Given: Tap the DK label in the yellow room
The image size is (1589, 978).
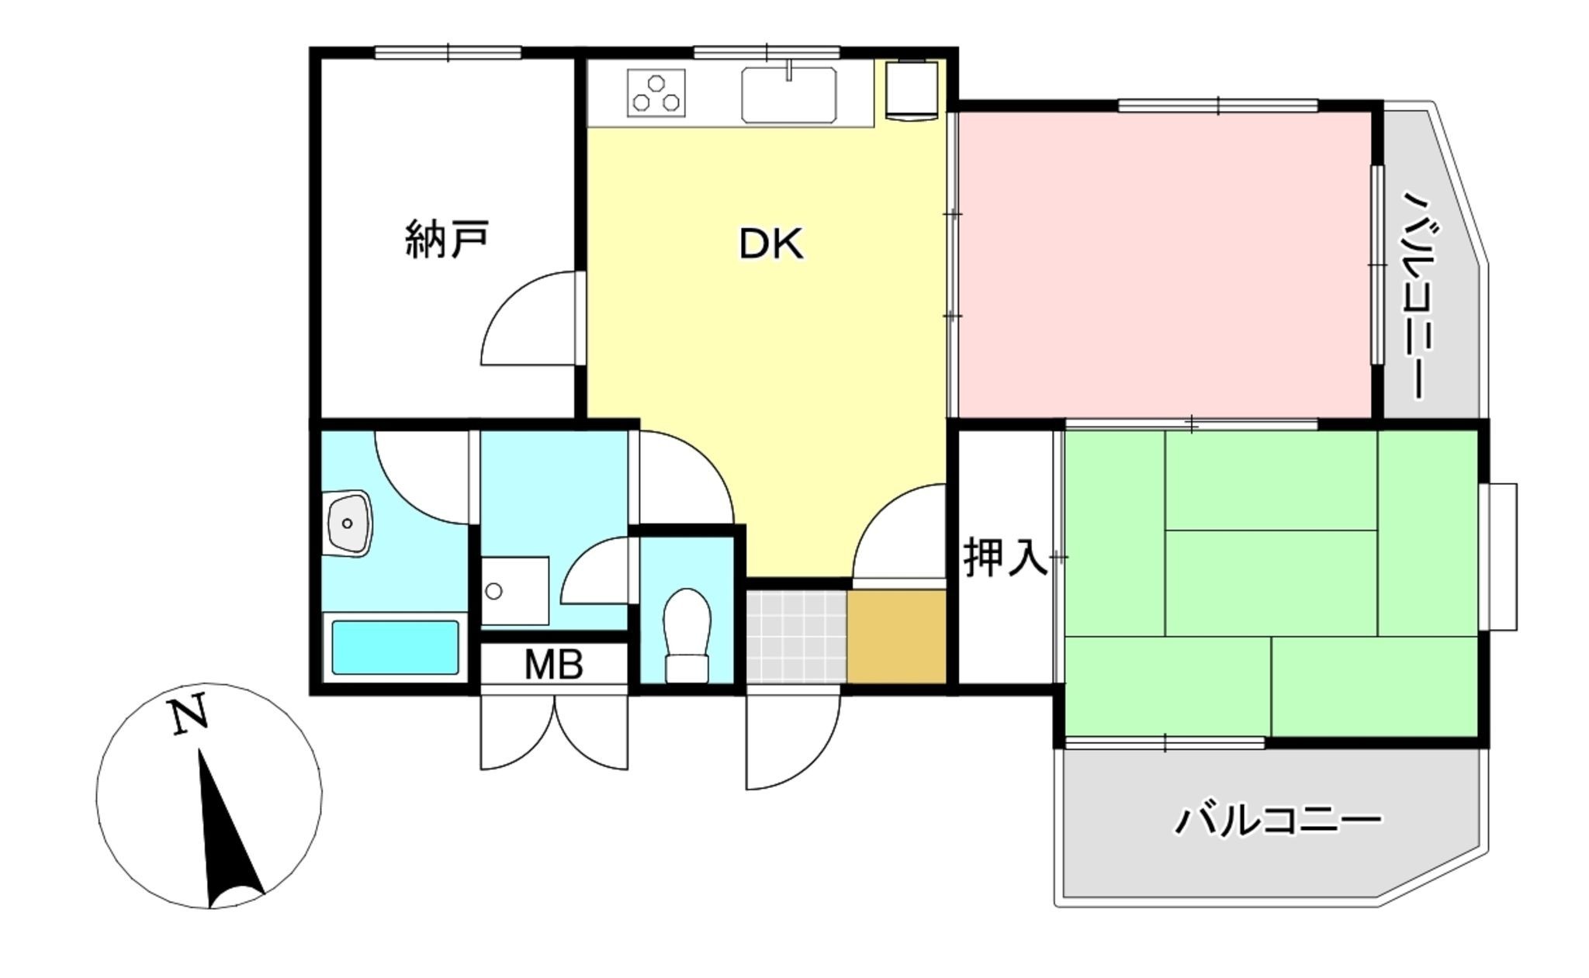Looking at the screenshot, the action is (770, 244).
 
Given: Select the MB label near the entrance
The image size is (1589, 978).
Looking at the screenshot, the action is (553, 665).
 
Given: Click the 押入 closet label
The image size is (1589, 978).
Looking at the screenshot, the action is (1006, 557).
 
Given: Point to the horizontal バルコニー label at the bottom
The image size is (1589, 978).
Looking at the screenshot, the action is (1277, 821).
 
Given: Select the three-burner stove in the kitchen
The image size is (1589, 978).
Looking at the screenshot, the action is (657, 93).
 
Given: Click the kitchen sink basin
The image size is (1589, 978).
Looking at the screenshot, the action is (788, 95).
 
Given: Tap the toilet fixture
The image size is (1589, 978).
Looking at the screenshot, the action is (687, 634).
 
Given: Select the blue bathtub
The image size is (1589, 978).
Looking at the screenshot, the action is (396, 648).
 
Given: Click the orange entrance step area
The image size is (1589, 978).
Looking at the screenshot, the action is (896, 636).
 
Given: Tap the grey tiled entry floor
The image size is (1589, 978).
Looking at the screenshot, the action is (796, 636).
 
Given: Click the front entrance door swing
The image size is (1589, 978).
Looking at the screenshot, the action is (792, 741).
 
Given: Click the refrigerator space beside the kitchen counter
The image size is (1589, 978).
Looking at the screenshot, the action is (912, 90).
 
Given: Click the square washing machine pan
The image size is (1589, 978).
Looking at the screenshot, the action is (514, 590).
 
